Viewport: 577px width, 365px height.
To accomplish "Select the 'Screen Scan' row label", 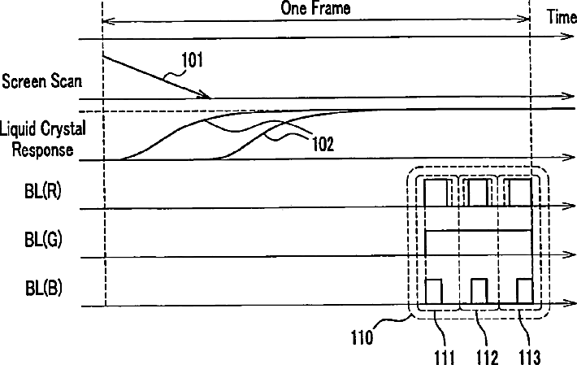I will (x=36, y=82).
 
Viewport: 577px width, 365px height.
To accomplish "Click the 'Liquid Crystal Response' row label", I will (x=42, y=138).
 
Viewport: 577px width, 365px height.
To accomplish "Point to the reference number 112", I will (x=487, y=356).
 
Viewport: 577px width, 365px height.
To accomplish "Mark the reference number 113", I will (x=530, y=356).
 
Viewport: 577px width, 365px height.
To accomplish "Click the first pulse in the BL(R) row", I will (x=436, y=193).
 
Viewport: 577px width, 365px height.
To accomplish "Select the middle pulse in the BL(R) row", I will (x=478, y=193).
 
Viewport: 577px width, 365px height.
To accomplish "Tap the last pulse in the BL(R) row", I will (x=518, y=193).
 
